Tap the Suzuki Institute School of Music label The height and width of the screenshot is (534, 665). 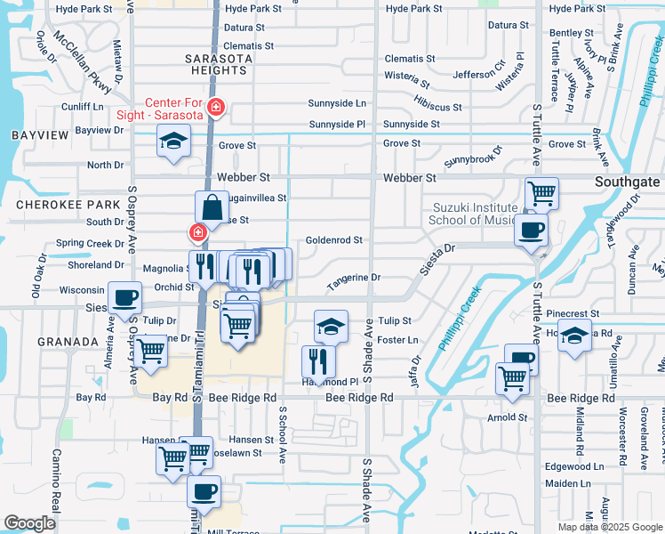pos(471,214)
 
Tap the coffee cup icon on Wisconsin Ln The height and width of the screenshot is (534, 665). pos(124,297)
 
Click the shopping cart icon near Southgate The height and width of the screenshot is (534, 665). pos(541,192)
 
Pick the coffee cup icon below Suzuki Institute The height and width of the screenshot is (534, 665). pos(531,230)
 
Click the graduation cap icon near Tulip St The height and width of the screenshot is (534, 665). pos(331,326)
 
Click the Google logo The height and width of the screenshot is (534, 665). pos(30,523)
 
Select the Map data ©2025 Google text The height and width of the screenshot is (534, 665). pos(610,527)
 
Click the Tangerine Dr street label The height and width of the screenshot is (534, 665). pos(353,279)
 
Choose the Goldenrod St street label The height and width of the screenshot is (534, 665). pos(333,240)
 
